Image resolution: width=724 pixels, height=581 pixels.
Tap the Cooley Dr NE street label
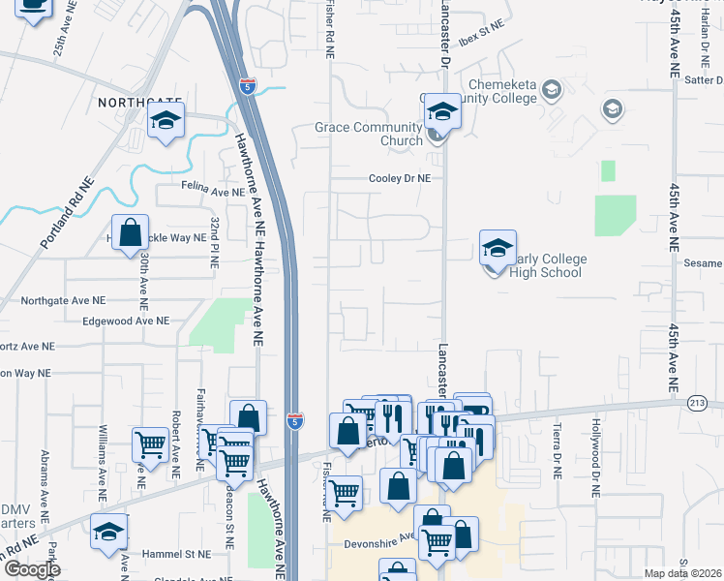(x=399, y=178)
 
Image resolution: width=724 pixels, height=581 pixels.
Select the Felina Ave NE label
(x=213, y=193)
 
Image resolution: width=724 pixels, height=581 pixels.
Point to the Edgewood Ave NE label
(x=126, y=321)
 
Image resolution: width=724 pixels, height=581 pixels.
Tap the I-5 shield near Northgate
(x=249, y=85)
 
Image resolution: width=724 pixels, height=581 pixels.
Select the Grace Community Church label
(x=369, y=134)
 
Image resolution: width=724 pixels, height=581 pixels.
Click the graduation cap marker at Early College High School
(x=498, y=250)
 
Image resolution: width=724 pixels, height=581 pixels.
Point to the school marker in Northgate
(x=166, y=121)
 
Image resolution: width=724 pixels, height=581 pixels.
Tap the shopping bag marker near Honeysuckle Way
(x=131, y=233)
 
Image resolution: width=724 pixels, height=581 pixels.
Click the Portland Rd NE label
(x=67, y=216)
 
